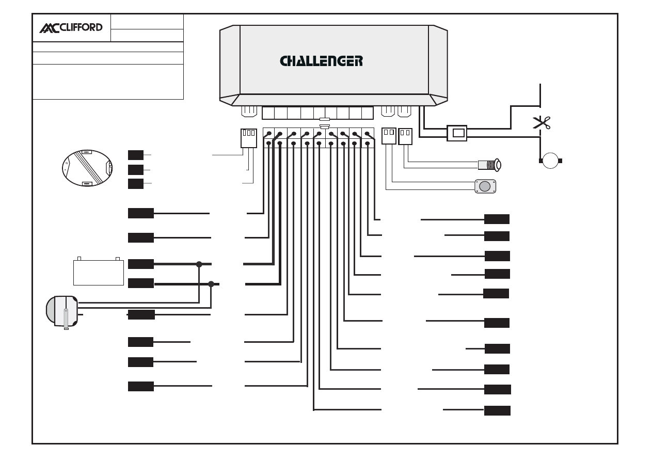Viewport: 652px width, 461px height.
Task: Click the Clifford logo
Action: [71, 28]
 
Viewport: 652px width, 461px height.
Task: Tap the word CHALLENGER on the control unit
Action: [321, 61]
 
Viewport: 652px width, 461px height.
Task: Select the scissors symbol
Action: [542, 122]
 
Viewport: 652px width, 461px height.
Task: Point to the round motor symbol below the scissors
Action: [550, 161]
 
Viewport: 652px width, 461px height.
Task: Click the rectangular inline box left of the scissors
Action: [457, 133]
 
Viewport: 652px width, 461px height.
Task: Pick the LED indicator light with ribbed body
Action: [489, 165]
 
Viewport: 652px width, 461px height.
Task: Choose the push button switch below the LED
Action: [485, 186]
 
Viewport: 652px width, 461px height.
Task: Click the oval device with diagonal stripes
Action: [87, 168]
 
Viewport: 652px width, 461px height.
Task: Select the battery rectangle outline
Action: [99, 273]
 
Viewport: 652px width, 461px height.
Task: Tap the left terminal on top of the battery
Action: [79, 259]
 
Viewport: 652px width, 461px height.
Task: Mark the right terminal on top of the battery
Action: [118, 259]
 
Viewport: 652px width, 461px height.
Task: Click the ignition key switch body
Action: [62, 311]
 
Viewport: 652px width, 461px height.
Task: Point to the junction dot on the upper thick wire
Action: [199, 264]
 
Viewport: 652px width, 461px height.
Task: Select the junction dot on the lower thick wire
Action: [211, 284]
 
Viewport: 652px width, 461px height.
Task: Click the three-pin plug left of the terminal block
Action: [249, 138]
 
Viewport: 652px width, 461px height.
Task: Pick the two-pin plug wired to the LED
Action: [405, 136]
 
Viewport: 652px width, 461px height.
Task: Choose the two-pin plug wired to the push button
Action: [389, 136]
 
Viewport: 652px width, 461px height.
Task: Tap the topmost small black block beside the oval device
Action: [136, 155]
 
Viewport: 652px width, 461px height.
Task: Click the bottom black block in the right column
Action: [497, 410]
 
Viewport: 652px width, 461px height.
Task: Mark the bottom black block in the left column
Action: [141, 386]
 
